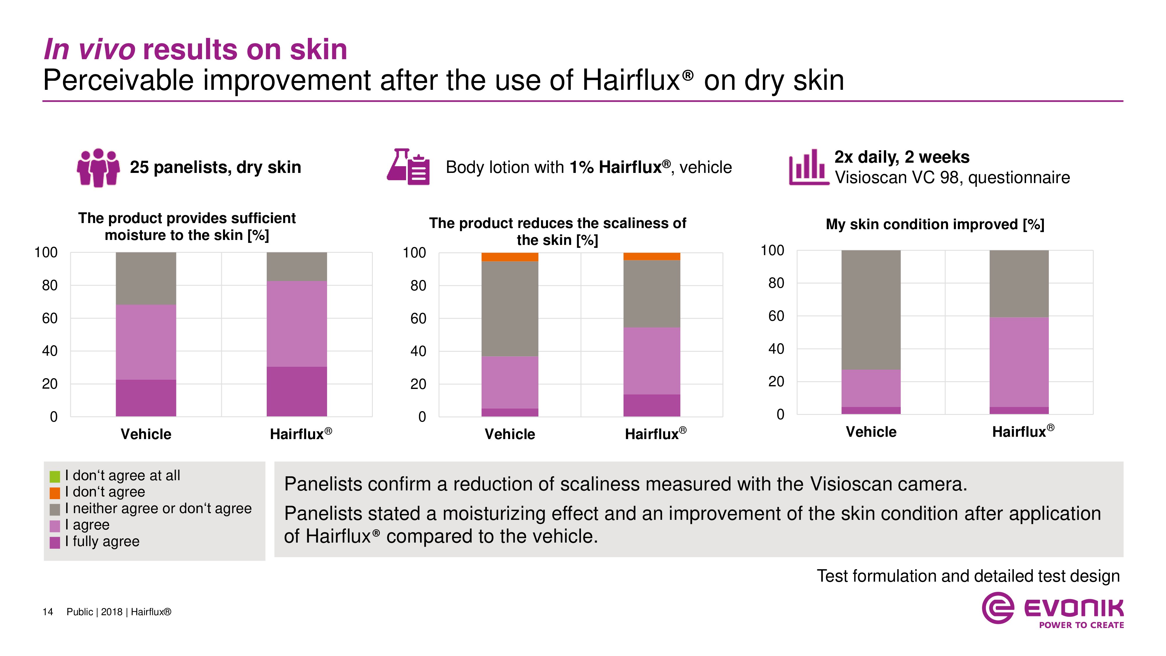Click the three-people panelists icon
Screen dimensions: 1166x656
[98, 168]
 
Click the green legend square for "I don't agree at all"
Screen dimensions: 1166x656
[55, 476]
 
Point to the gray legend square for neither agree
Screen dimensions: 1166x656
[55, 510]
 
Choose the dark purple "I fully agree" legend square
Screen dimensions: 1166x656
[55, 542]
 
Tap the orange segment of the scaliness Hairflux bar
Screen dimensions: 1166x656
[652, 257]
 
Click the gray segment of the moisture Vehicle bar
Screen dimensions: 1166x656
[146, 278]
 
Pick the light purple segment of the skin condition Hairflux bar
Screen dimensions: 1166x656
[1019, 362]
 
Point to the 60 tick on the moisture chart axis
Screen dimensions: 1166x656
[50, 318]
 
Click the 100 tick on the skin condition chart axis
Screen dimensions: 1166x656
[772, 250]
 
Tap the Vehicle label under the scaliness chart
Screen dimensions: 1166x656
[510, 434]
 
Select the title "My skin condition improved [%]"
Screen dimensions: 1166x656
[935, 224]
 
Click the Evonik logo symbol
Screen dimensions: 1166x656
[998, 608]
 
